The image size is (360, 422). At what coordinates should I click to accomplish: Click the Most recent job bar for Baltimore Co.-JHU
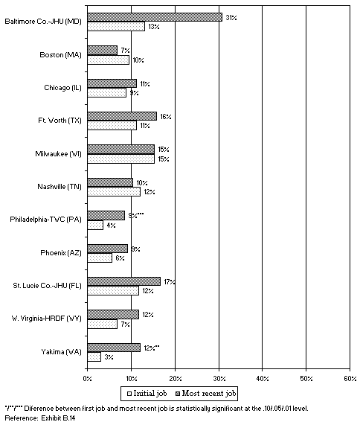click(155, 16)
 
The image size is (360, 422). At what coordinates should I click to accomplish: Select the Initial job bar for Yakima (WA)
click(94, 357)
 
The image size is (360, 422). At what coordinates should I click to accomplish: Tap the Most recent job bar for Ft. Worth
click(122, 115)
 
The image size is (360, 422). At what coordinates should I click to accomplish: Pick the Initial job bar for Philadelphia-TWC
click(95, 225)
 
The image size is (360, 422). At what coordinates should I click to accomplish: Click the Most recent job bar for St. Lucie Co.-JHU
click(124, 281)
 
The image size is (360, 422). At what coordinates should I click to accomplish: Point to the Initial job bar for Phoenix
click(100, 258)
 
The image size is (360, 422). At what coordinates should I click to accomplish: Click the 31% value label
click(231, 16)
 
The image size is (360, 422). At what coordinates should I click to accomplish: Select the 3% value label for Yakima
click(109, 357)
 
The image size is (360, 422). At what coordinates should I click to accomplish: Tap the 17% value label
click(169, 282)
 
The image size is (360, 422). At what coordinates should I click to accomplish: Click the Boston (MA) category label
click(60, 55)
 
